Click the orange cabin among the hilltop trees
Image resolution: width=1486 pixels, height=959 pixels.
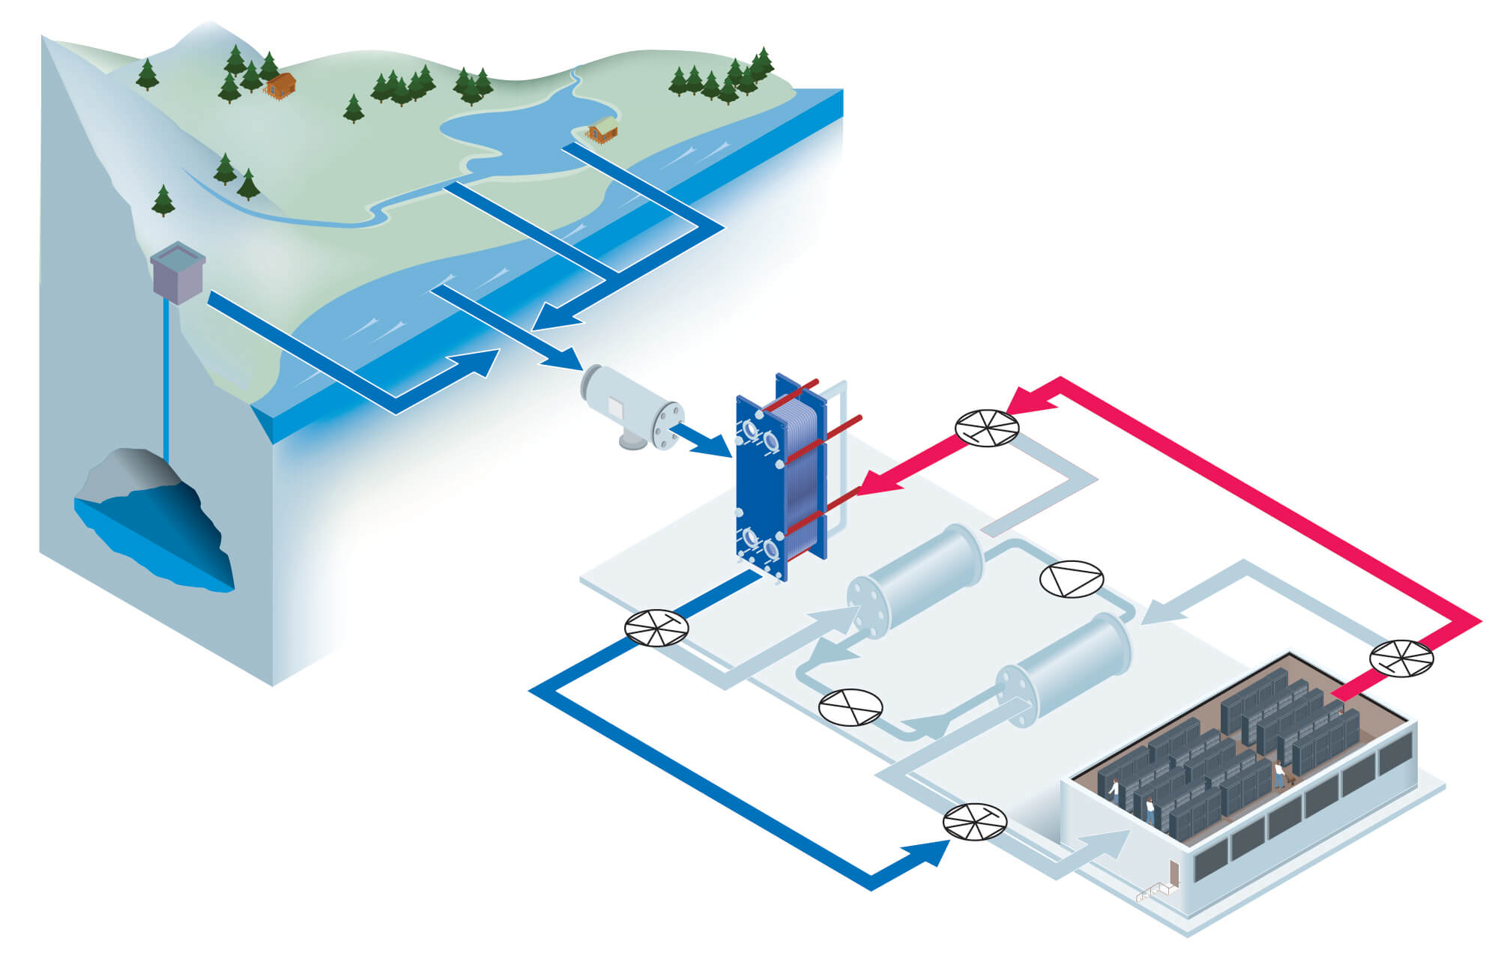point(280,85)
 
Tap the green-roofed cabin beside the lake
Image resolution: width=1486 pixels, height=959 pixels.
point(602,130)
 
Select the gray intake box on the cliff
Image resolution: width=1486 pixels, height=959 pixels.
point(178,272)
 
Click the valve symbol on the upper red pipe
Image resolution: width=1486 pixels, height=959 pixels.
point(987,429)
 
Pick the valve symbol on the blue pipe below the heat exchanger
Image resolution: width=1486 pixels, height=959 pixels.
point(656,628)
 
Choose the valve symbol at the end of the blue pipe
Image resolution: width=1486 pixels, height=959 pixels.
point(974,822)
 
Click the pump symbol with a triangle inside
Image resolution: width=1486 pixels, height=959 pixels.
point(1072,579)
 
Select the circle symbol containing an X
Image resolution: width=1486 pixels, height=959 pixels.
point(851,707)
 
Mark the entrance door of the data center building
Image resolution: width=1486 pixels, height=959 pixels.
point(1174,873)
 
